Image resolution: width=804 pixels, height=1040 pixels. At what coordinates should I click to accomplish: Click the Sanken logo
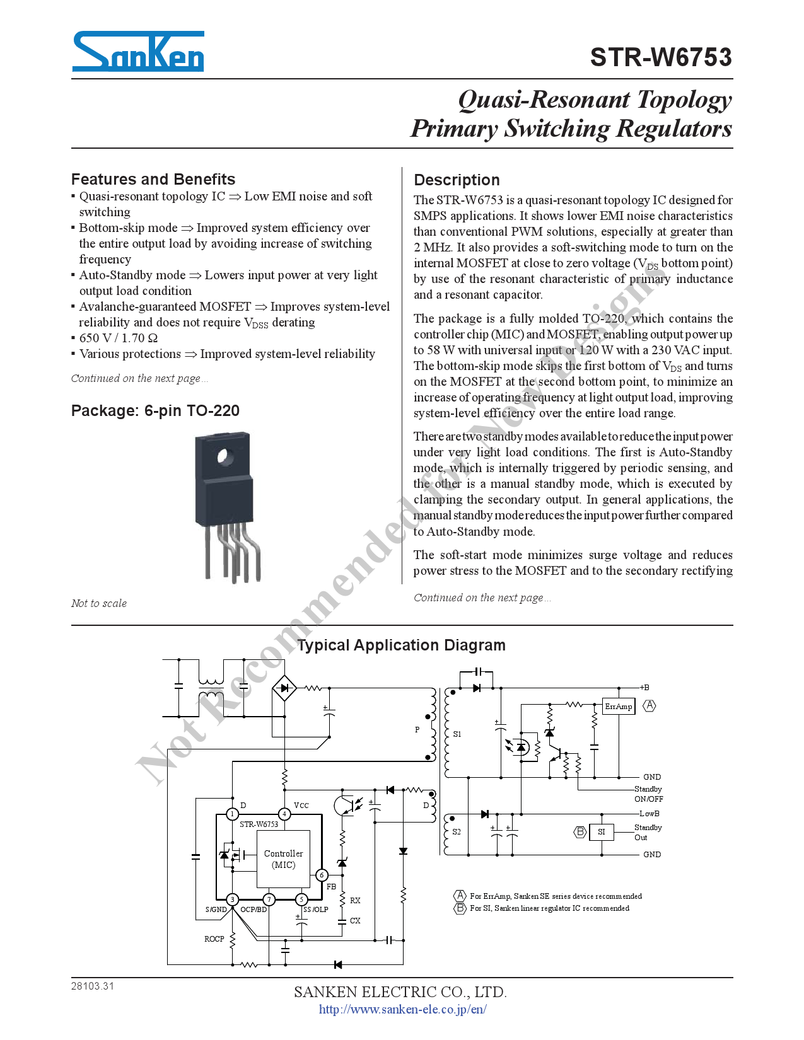[x=138, y=51]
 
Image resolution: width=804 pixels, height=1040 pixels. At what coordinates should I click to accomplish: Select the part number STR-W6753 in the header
[x=660, y=57]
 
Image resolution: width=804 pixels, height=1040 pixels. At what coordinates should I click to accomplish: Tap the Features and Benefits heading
[x=153, y=179]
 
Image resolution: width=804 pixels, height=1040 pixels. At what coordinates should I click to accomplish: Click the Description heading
[x=457, y=180]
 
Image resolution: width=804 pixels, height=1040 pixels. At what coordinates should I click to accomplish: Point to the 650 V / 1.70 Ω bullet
[x=119, y=338]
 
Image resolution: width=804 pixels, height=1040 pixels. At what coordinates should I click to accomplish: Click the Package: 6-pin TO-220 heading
[x=155, y=411]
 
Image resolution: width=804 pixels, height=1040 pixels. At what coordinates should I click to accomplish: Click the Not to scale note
[x=99, y=603]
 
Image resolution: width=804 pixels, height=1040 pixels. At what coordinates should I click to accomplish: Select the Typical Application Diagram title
[x=401, y=645]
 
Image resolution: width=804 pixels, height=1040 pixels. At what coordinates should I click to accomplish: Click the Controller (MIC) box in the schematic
[x=283, y=859]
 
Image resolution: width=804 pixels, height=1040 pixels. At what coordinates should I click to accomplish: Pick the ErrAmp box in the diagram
[x=618, y=706]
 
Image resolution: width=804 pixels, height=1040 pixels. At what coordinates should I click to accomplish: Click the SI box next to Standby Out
[x=601, y=832]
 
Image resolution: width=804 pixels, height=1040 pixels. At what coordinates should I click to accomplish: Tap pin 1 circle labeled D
[x=232, y=814]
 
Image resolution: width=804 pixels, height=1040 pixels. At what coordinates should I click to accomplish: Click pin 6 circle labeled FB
[x=322, y=875]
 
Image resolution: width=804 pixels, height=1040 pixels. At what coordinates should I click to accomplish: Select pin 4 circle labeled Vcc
[x=284, y=814]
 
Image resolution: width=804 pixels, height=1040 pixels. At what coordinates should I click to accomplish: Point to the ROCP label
[x=214, y=939]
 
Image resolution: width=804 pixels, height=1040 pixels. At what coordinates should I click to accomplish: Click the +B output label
[x=644, y=688]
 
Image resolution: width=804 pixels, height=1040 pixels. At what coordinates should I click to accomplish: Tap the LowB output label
[x=649, y=814]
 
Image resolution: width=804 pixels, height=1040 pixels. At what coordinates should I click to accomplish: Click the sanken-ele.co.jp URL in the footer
[x=402, y=1010]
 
